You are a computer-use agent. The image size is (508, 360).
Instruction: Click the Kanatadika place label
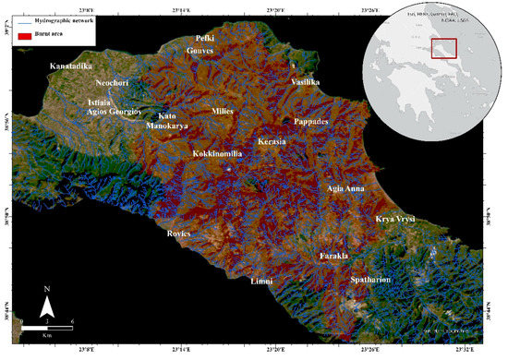coord(73,66)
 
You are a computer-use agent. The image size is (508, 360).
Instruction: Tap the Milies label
coord(223,111)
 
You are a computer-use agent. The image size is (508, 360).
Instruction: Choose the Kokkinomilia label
coord(218,153)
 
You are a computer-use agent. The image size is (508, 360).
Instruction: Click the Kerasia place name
coord(272,141)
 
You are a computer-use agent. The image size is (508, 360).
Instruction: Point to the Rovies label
coord(177,234)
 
